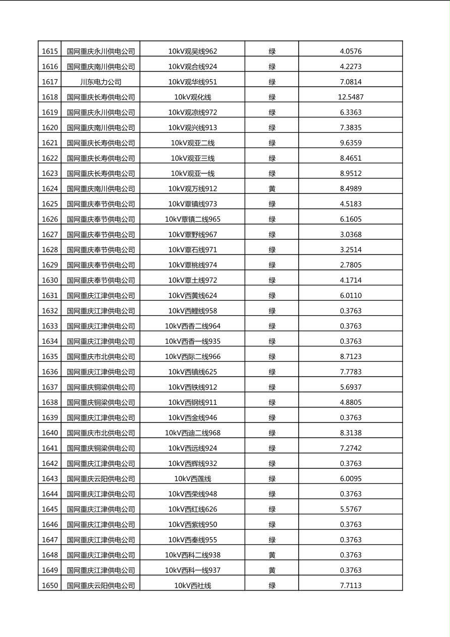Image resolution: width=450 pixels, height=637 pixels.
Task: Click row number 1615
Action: click(49, 51)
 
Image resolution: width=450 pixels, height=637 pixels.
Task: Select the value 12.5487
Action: click(351, 97)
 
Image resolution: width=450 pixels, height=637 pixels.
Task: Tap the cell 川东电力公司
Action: click(101, 82)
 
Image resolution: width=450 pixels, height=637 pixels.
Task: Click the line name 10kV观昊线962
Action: click(193, 51)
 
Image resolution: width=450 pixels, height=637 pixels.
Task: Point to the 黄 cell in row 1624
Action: click(272, 189)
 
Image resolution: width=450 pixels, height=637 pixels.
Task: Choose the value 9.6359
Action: click(351, 143)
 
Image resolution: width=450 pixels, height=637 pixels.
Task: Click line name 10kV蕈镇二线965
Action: click(193, 219)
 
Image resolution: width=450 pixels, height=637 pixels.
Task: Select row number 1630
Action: click(49, 280)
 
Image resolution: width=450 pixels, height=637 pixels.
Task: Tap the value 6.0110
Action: click(351, 295)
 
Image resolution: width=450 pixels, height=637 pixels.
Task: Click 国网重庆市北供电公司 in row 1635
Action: click(101, 356)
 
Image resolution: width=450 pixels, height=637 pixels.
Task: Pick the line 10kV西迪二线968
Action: click(193, 433)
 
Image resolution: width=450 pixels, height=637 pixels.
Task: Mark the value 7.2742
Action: click(351, 448)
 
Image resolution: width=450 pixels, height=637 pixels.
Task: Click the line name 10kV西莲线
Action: click(193, 479)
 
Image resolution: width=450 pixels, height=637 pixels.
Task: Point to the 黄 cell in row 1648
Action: click(272, 555)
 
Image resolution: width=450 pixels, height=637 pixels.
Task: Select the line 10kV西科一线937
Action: click(193, 570)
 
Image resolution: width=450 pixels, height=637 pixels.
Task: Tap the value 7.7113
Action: click(351, 586)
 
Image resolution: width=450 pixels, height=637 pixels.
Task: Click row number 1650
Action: click(49, 586)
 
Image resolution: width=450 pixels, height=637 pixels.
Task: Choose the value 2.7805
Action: click(351, 265)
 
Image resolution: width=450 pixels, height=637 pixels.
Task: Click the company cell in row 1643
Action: click(101, 479)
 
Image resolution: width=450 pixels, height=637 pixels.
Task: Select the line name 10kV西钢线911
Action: click(193, 402)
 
